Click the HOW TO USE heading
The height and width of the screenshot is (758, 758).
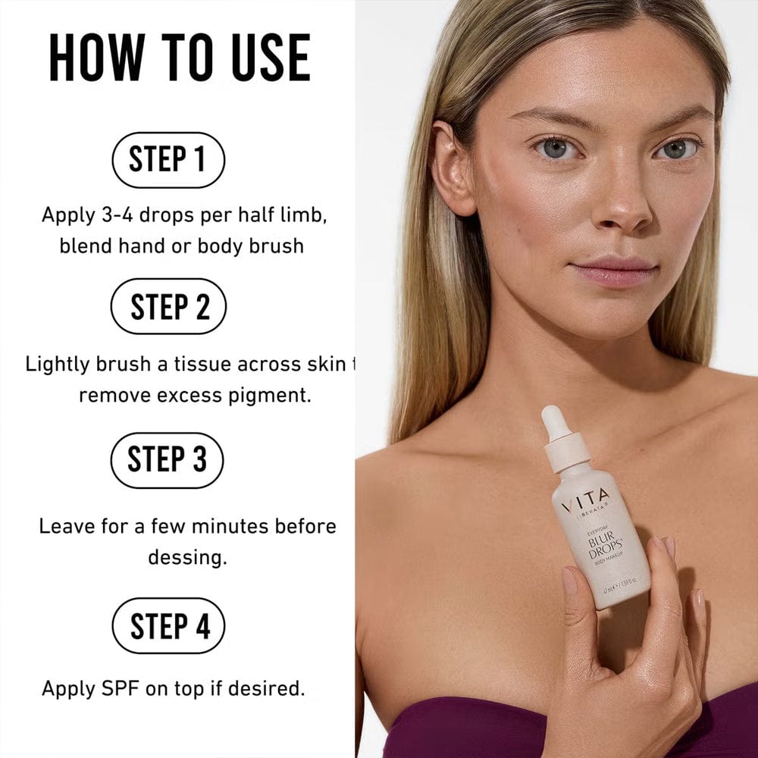tap(180, 58)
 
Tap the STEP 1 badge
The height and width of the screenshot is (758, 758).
tap(168, 160)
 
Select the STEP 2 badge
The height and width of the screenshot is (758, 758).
tap(168, 306)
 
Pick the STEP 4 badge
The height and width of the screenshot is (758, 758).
tap(168, 625)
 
